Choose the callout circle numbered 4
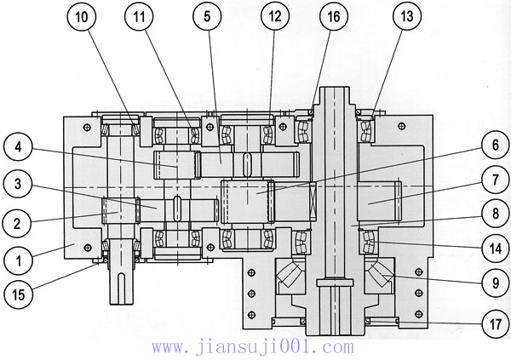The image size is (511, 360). tap(19, 148)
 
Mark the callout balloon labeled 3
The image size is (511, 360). tap(19, 183)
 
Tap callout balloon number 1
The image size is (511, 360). tap(19, 256)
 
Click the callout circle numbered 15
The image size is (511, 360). tap(19, 295)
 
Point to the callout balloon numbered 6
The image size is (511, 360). tap(492, 146)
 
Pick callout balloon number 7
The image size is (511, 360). tap(492, 180)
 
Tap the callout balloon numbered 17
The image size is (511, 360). tap(492, 323)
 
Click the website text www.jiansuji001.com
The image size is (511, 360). tap(252, 347)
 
